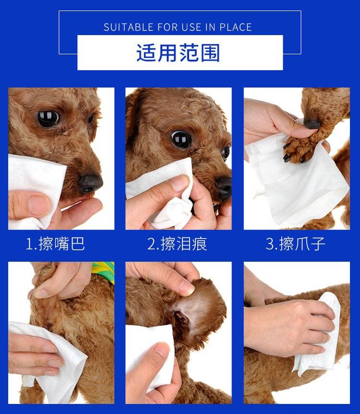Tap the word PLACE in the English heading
click(x=236, y=27)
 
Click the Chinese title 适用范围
click(x=178, y=53)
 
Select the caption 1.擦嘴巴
click(x=55, y=244)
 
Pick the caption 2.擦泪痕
click(x=177, y=244)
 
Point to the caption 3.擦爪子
click(x=295, y=244)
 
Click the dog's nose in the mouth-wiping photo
click(x=91, y=183)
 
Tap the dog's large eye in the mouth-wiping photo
click(x=48, y=119)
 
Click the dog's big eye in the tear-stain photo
click(x=181, y=139)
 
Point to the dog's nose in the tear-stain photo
click(x=224, y=187)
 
